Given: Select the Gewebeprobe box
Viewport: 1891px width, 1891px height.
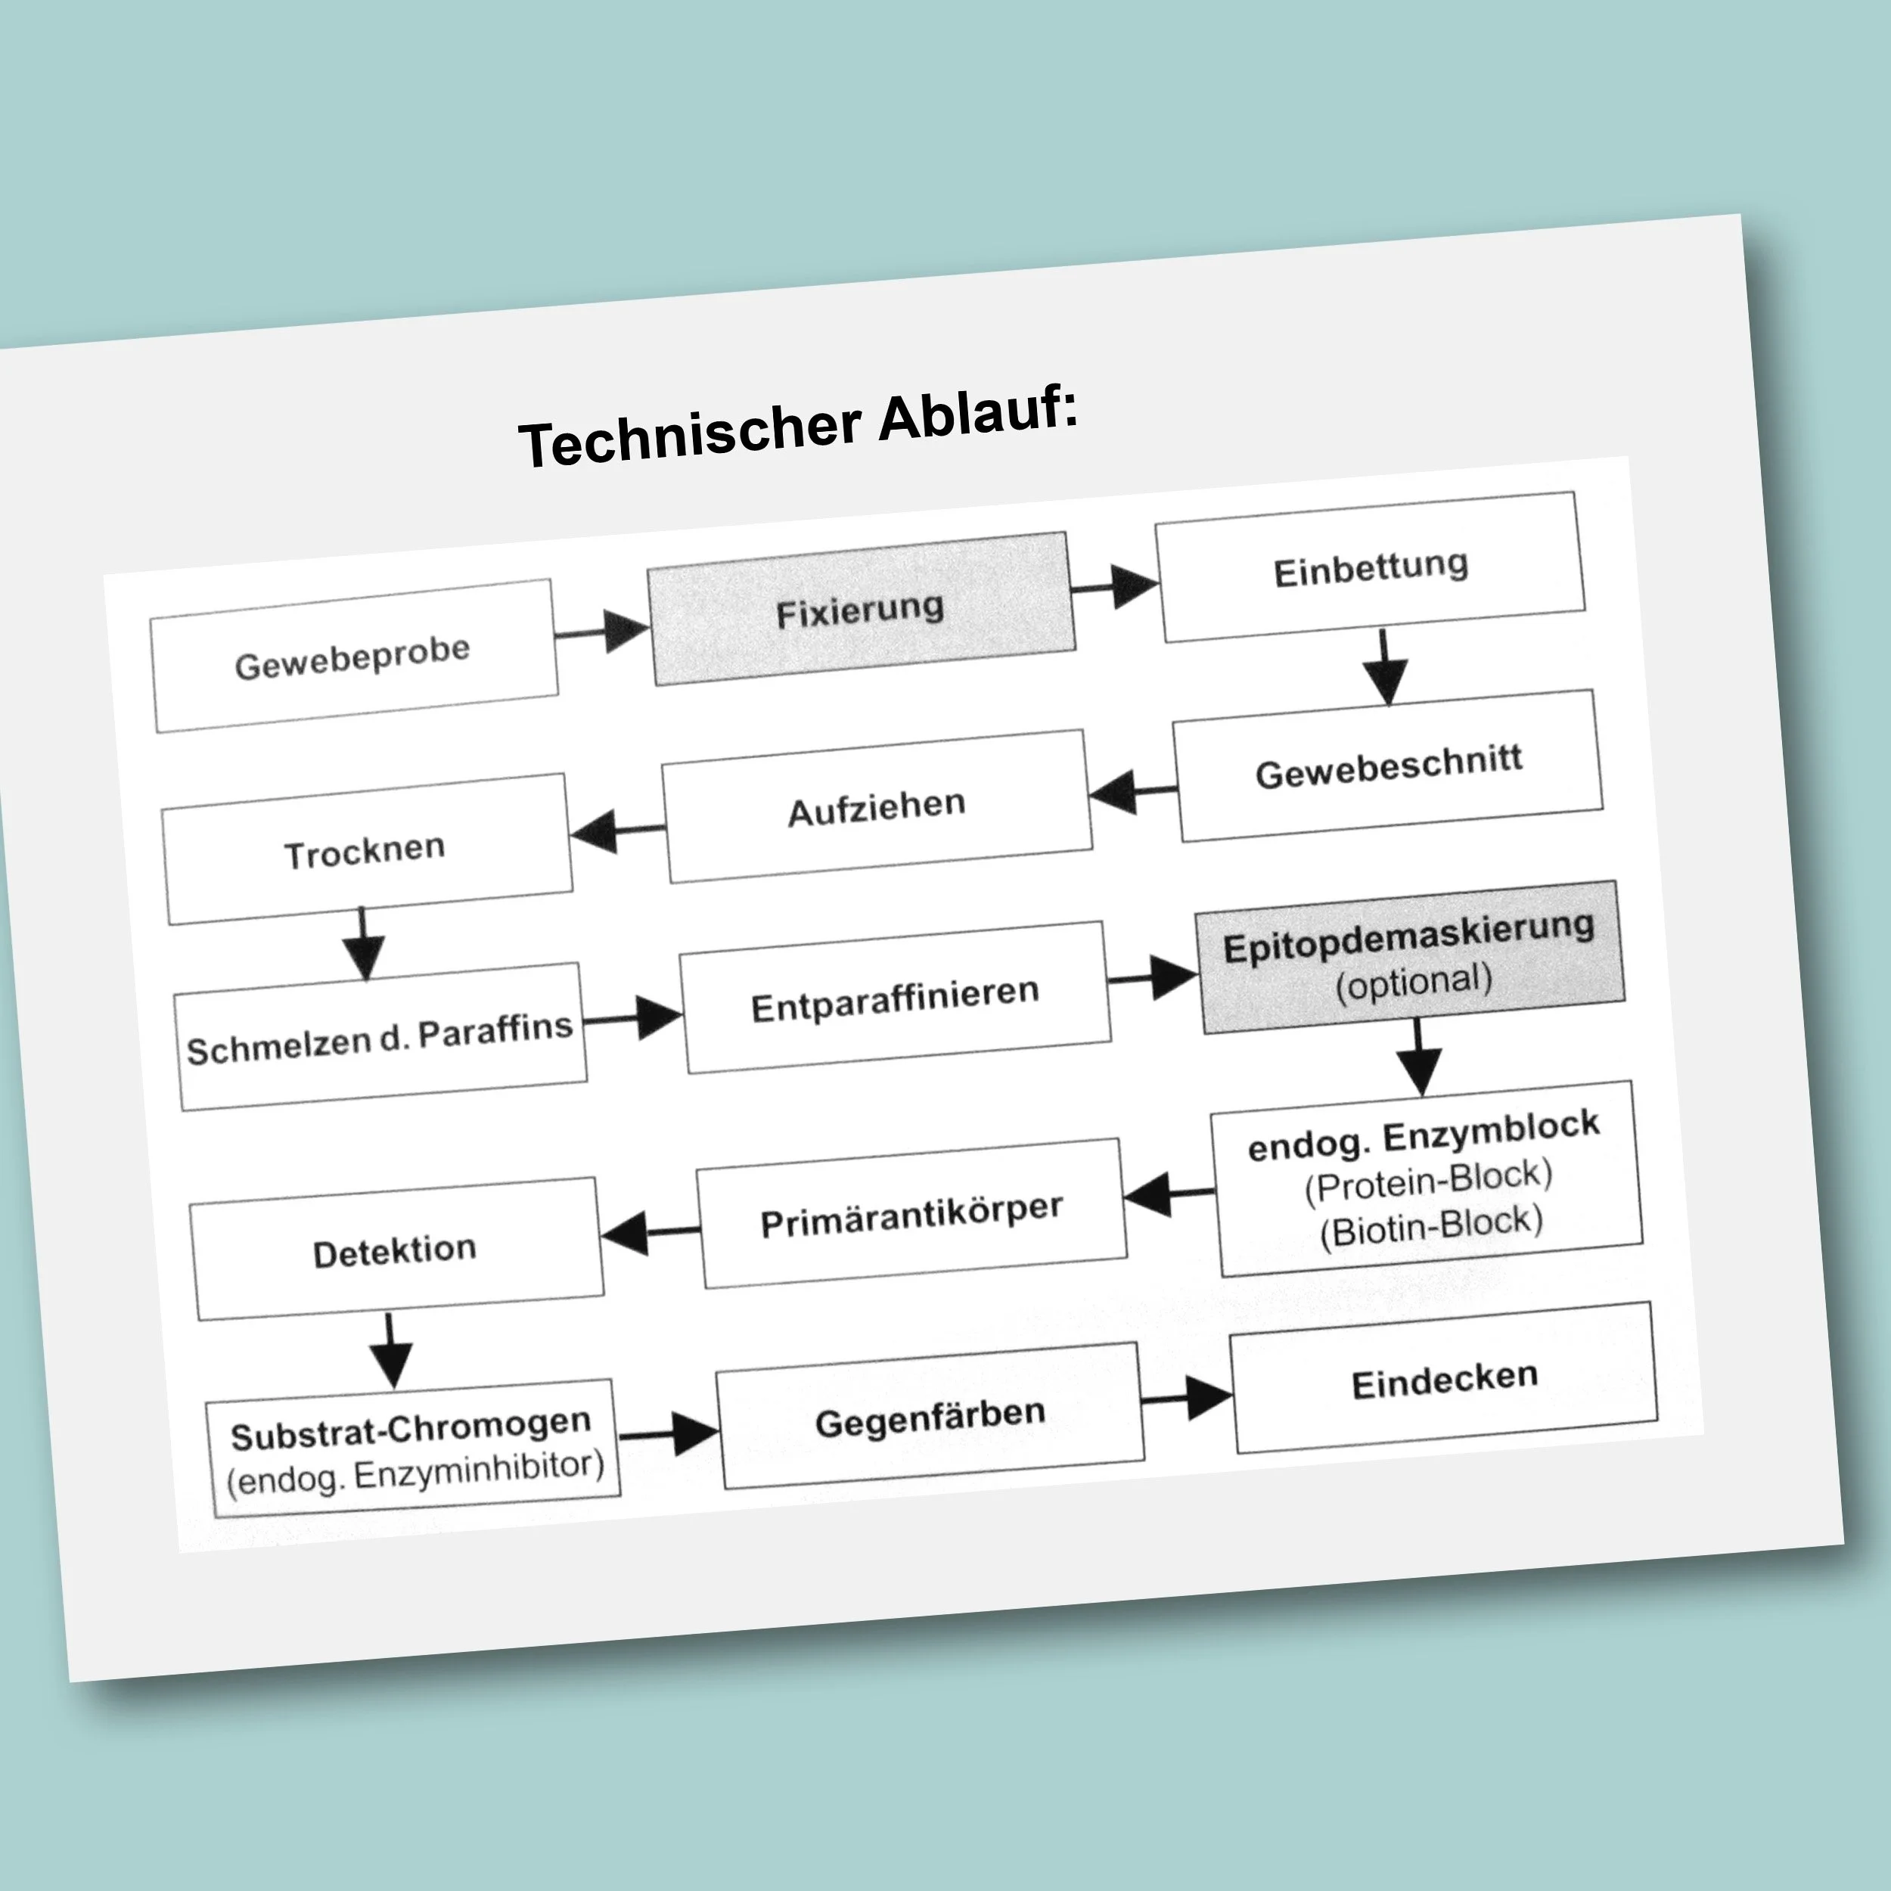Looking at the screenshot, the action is (353, 656).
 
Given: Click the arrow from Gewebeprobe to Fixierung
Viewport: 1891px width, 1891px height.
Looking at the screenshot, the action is (603, 632).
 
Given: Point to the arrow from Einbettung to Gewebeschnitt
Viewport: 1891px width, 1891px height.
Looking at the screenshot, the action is (1385, 668).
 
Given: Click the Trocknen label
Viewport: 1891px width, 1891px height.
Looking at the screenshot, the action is (365, 852).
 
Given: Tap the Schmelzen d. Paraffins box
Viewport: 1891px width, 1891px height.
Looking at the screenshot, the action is (380, 1039).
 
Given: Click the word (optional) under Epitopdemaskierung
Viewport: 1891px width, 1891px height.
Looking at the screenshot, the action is (1414, 982).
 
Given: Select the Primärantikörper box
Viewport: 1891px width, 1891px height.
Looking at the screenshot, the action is (911, 1214).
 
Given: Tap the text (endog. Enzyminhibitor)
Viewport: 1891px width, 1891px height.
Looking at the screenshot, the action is (415, 1473).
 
